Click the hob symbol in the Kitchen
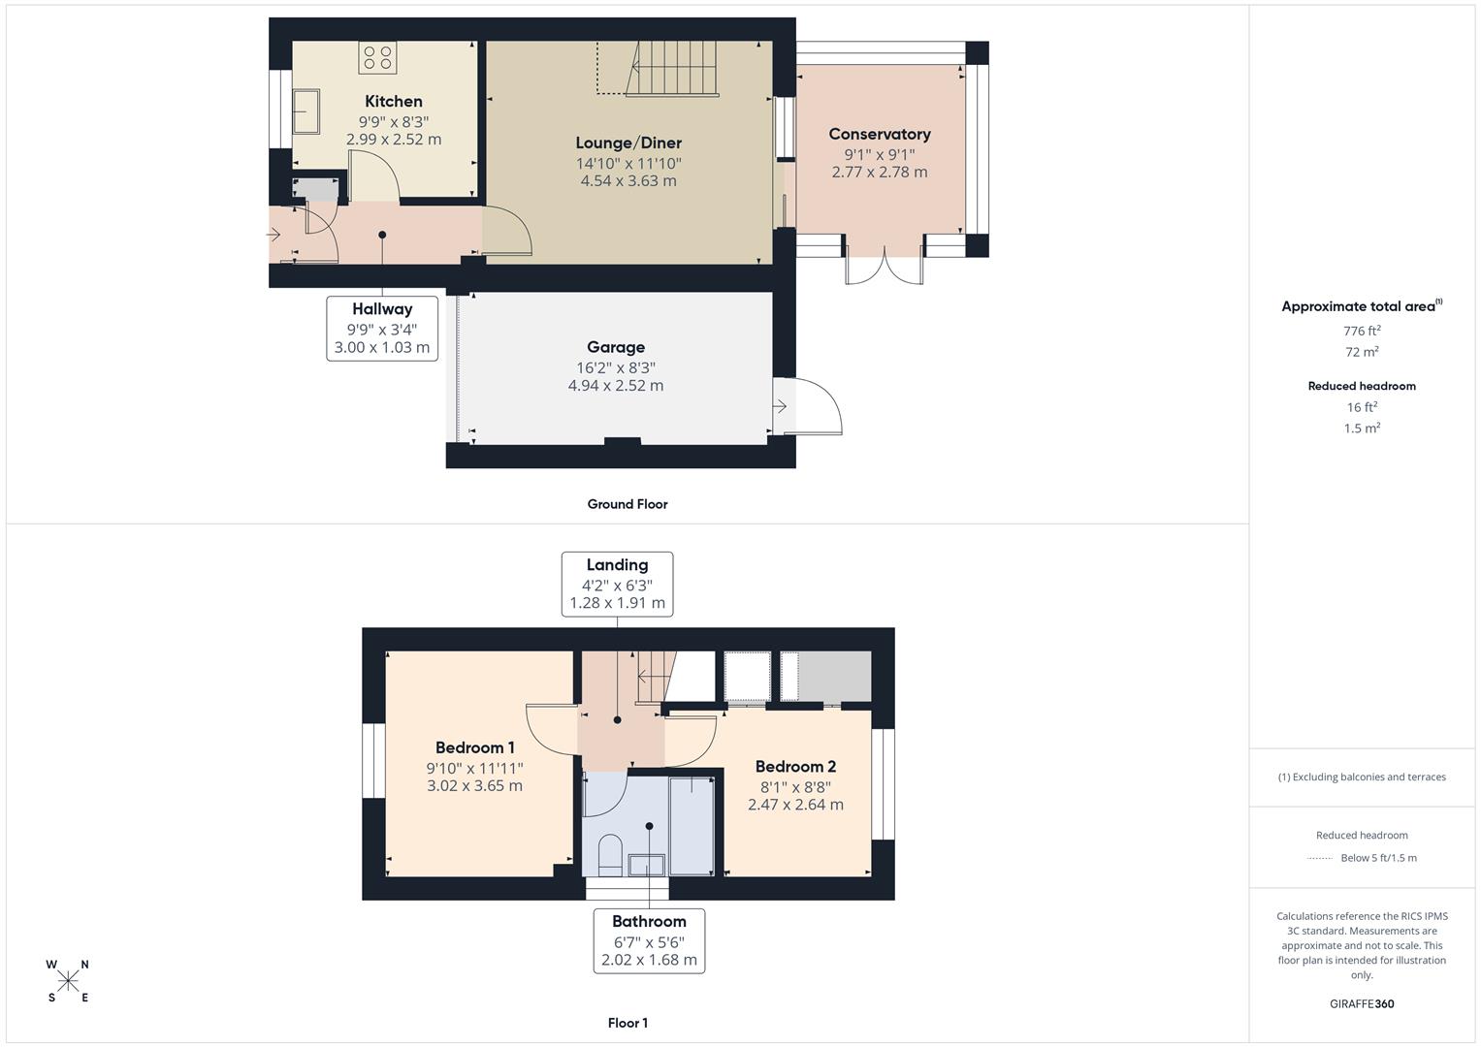point(377,57)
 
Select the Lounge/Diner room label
point(628,143)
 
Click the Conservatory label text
point(879,134)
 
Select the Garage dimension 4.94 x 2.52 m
point(616,386)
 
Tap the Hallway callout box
point(382,328)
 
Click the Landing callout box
point(617,584)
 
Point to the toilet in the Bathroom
point(610,854)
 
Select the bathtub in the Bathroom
point(692,824)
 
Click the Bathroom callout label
point(649,940)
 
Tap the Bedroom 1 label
point(474,747)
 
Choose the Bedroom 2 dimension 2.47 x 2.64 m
point(795,805)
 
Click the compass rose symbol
point(68,981)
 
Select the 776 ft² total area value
point(1362,331)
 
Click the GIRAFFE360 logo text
point(1362,1003)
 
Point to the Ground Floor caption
point(628,504)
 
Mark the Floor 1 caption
point(628,1023)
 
